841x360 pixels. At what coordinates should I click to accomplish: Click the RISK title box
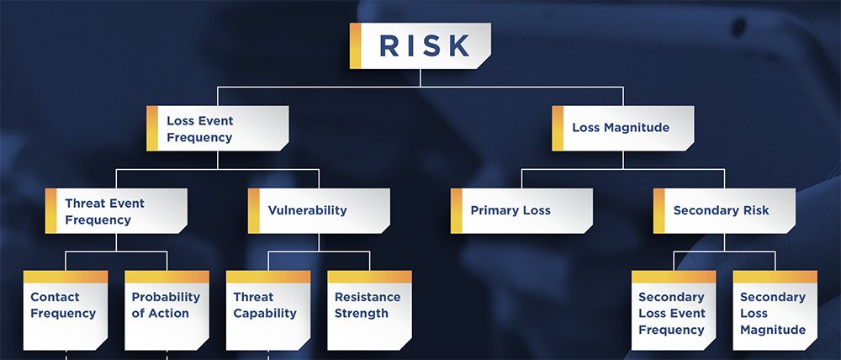coord(420,45)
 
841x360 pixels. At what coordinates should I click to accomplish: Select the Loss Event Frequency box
coord(218,128)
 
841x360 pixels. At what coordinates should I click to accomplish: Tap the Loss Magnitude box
coord(622,128)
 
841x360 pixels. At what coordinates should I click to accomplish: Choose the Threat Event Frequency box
coord(116,211)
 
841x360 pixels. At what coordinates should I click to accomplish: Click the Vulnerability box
coord(319,211)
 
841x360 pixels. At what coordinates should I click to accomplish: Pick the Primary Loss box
coord(522,211)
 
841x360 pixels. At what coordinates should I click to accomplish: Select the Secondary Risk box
coord(725,211)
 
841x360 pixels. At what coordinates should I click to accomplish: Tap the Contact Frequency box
coord(66,310)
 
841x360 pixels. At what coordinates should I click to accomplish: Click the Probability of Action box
coord(167,310)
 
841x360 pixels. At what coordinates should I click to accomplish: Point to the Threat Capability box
coord(268,310)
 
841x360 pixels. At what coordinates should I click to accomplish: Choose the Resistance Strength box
coord(369,310)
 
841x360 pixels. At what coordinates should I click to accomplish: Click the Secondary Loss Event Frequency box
coord(674,310)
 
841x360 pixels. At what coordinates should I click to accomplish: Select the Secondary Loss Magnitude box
coord(775,310)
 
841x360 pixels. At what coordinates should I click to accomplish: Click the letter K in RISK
coord(460,45)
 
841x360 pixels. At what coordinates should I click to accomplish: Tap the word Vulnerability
coord(307,210)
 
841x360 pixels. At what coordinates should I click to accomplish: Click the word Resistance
coord(368,297)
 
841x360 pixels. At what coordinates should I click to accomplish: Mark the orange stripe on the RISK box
coord(355,45)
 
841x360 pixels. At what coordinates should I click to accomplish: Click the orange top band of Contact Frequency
coord(66,277)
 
